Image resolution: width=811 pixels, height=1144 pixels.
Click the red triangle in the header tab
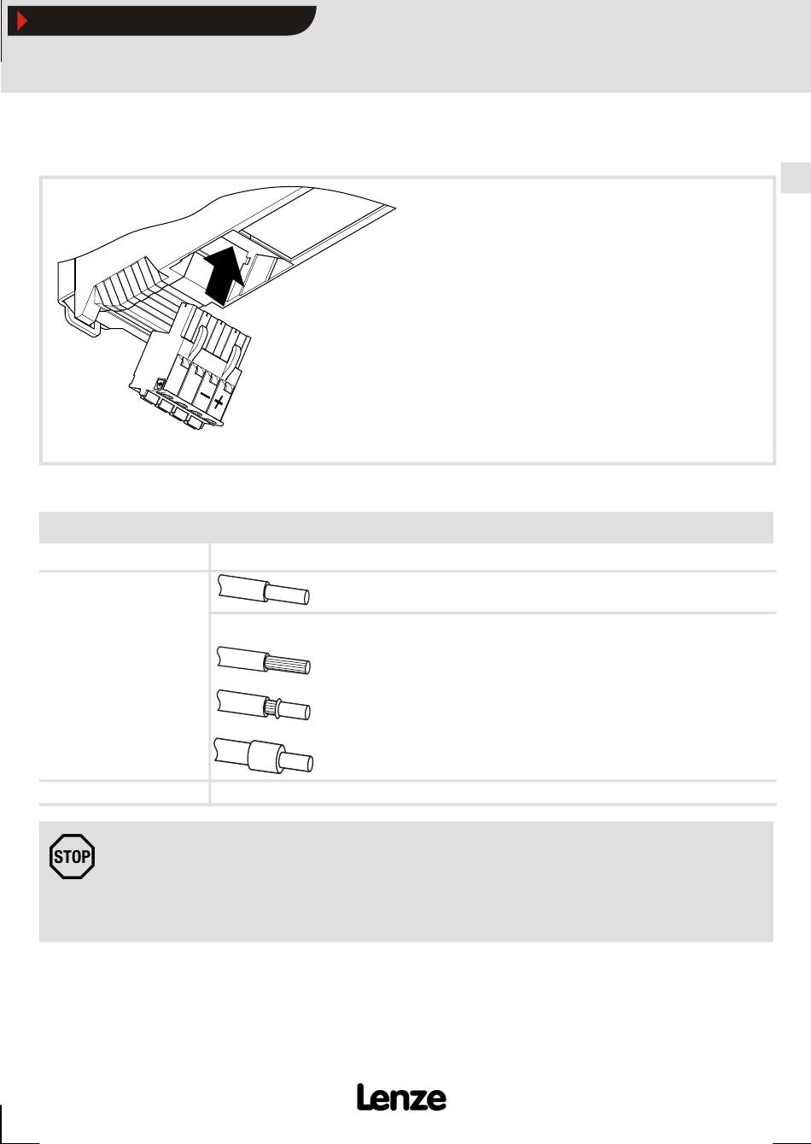click(21, 21)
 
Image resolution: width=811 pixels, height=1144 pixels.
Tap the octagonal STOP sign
click(72, 856)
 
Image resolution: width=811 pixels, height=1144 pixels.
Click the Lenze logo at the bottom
click(401, 1097)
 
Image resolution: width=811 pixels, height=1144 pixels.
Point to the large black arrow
click(224, 275)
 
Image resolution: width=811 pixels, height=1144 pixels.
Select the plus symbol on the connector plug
click(219, 402)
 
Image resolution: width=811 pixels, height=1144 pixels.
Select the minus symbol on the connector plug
click(204, 396)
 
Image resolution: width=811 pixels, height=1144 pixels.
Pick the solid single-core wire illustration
click(264, 590)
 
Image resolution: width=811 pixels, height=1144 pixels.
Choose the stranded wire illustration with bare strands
click(264, 660)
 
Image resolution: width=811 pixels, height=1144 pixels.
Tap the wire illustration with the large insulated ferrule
click(263, 756)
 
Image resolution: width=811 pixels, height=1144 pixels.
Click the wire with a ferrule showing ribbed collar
click(264, 705)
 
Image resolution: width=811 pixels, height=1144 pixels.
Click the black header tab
click(161, 21)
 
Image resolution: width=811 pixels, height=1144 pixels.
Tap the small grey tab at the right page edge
click(796, 178)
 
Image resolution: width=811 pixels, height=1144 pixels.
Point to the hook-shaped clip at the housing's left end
click(82, 320)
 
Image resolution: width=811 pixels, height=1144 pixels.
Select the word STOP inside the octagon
click(72, 856)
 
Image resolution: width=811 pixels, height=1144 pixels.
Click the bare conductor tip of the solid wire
click(288, 595)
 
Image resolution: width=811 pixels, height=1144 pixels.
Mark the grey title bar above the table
click(406, 527)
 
